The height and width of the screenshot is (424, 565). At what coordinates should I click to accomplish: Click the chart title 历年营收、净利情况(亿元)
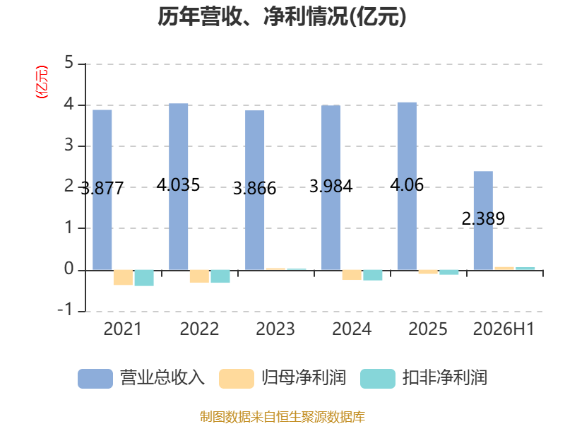[282, 17]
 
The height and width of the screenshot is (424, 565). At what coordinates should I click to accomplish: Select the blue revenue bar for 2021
[102, 189]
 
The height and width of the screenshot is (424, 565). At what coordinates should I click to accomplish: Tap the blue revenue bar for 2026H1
[483, 220]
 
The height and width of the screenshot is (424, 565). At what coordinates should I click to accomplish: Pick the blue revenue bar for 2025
[408, 186]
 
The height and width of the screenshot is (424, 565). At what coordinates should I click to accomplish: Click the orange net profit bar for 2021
[123, 277]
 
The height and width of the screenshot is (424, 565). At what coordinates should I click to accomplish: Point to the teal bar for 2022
[220, 276]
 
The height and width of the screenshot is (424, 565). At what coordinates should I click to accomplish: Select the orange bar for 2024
[352, 275]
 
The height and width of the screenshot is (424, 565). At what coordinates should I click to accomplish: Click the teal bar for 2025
[449, 272]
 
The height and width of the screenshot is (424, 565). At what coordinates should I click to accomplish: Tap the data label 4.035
[178, 185]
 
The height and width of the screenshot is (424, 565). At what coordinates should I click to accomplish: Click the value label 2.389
[483, 218]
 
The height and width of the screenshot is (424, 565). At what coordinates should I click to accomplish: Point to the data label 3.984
[331, 187]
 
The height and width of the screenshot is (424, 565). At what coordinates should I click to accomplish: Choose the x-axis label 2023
[275, 329]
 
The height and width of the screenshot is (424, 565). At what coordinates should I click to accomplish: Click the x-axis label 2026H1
[504, 329]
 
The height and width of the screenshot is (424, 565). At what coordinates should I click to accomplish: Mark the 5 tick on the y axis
[69, 64]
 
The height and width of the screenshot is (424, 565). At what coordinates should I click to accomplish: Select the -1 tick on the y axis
[65, 310]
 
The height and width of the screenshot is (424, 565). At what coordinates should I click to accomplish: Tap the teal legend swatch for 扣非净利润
[378, 379]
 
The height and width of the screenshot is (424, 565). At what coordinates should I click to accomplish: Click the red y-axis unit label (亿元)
[42, 82]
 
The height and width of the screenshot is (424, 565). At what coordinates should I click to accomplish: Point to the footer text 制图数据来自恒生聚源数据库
[282, 416]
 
